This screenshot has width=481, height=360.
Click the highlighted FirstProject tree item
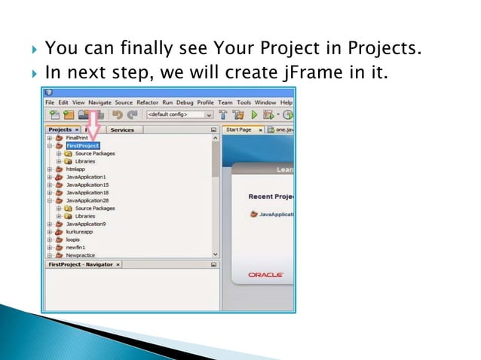click(x=82, y=146)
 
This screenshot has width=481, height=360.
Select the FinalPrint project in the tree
click(x=77, y=139)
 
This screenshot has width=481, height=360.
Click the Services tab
click(x=122, y=130)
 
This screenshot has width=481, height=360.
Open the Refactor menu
click(x=146, y=102)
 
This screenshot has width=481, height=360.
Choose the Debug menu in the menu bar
click(x=185, y=102)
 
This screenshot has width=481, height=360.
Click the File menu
click(x=50, y=102)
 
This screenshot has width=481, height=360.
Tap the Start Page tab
click(x=239, y=130)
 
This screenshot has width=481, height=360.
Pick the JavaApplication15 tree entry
click(x=87, y=185)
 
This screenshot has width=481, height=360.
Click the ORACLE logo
click(x=265, y=275)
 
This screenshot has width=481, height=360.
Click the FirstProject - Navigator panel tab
click(x=79, y=265)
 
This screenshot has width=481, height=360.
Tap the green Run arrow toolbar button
click(x=255, y=115)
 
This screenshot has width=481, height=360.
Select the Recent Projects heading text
click(x=271, y=197)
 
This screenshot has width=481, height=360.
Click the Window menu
click(x=265, y=102)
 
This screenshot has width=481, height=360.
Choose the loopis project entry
click(x=73, y=239)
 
